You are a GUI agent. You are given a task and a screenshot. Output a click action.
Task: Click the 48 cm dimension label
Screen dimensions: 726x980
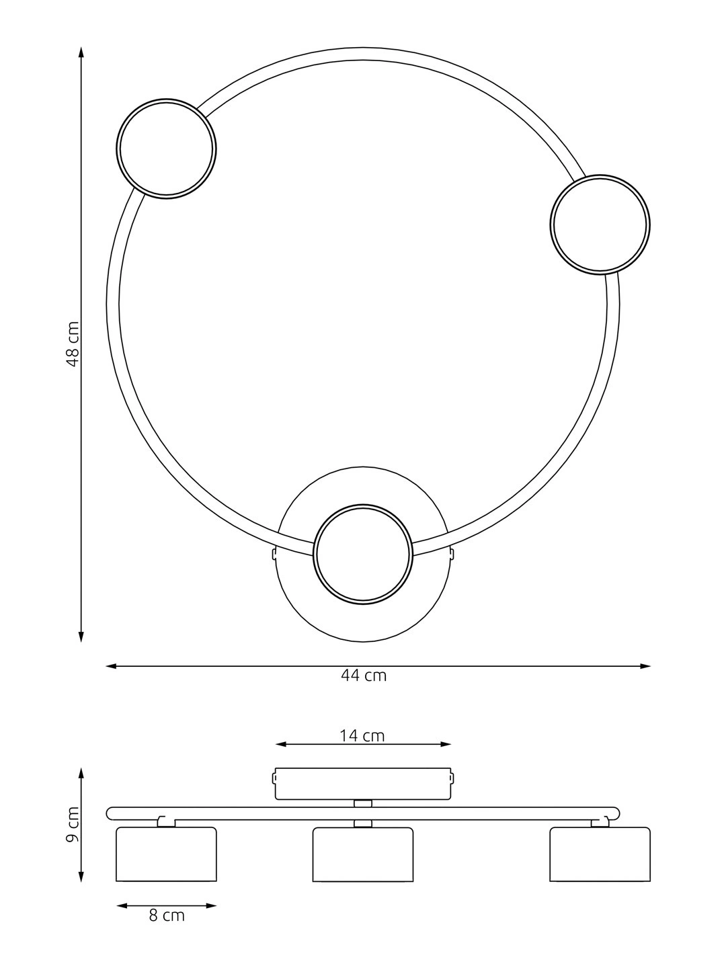click(73, 344)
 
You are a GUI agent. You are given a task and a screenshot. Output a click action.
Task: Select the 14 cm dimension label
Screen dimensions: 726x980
click(362, 736)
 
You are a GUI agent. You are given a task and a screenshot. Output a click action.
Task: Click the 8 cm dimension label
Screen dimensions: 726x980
click(167, 915)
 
